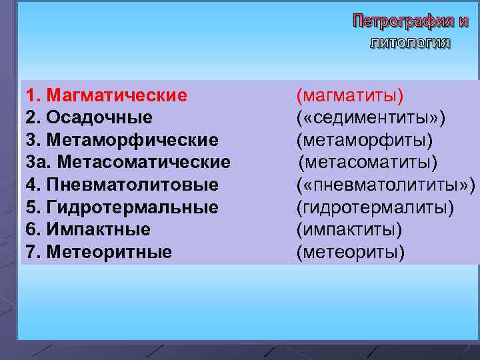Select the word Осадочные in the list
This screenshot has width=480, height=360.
coord(99,118)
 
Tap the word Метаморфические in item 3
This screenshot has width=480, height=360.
coord(133,141)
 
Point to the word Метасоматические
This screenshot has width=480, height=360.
coord(139,163)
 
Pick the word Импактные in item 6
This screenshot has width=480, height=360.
coord(99,230)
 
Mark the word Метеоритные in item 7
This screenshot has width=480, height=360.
coord(109,253)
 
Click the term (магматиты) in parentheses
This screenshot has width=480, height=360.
coord(350,95)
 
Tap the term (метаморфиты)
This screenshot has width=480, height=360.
coord(365,141)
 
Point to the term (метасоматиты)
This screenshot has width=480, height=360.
coord(368,163)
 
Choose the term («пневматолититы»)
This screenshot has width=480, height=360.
coord(386,185)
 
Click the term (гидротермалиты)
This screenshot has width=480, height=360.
coord(375,207)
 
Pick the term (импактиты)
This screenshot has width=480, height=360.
coord(349,230)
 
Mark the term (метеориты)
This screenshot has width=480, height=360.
coord(351,253)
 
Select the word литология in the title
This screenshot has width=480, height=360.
coord(409,43)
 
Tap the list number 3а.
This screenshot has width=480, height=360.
coord(33,163)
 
